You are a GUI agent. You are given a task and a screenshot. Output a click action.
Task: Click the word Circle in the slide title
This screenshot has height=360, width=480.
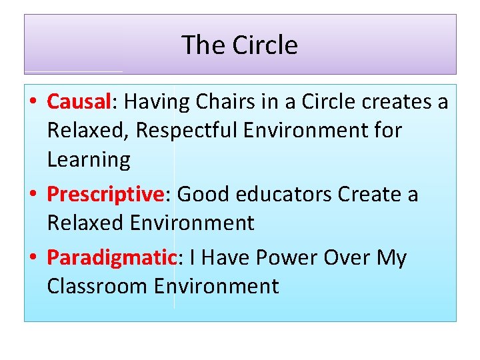coord(265,45)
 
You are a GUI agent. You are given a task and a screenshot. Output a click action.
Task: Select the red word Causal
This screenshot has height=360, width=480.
coord(78,102)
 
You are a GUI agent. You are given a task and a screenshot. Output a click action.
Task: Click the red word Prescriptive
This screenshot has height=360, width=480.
coord(105,194)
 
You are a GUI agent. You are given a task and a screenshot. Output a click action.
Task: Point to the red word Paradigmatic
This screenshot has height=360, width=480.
coord(111,257)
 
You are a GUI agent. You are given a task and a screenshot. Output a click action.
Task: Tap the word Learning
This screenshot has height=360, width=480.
coord(89,159)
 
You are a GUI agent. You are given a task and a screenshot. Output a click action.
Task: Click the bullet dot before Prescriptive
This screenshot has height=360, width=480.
coord(33,195)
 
